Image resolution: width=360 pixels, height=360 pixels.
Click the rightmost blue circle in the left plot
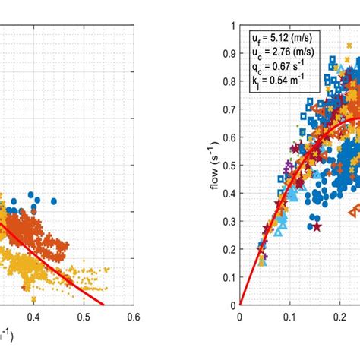55,201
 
